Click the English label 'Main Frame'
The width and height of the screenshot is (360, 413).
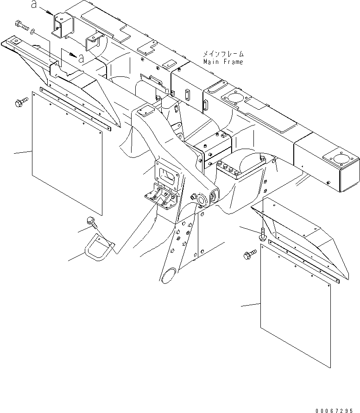222,62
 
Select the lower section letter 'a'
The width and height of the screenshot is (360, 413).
81,58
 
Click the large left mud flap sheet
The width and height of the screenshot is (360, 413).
67,153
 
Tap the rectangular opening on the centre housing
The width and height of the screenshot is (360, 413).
170,175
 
